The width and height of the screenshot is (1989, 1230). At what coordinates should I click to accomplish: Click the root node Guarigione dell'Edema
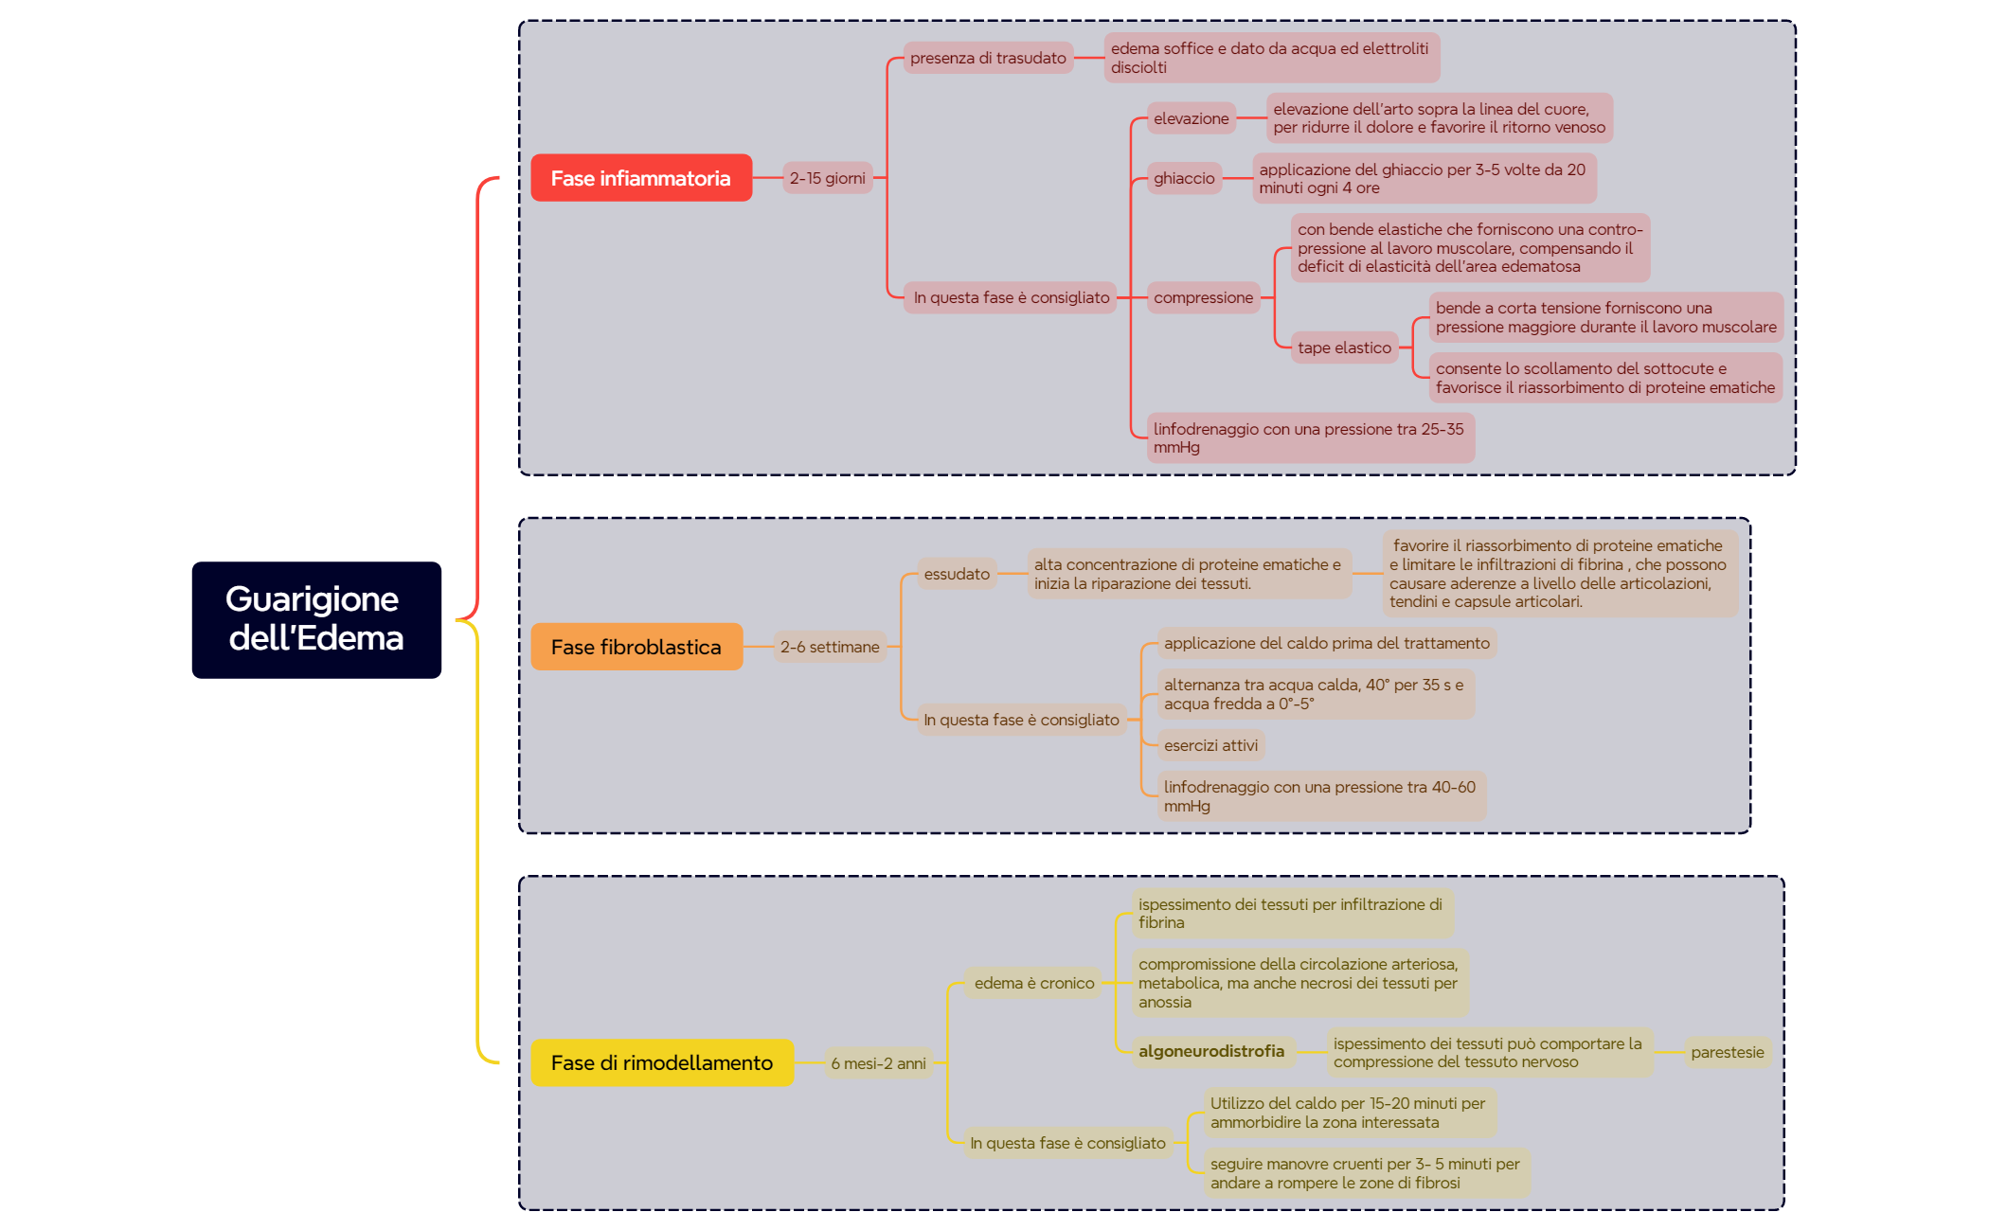[316, 619]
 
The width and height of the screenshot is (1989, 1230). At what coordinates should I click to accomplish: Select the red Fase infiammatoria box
[641, 178]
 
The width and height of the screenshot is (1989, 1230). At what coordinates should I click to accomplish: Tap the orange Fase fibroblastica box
[636, 647]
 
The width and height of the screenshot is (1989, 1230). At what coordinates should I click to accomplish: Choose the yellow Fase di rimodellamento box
[662, 1062]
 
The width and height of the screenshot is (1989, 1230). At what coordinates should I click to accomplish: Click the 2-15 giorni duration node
[827, 178]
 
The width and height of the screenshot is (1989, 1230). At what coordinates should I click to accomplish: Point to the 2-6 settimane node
[830, 647]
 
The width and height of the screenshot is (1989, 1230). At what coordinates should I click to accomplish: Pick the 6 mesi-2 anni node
[878, 1063]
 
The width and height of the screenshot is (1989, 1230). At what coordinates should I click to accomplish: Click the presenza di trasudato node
[988, 58]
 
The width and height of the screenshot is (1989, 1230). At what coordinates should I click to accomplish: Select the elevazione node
[1191, 118]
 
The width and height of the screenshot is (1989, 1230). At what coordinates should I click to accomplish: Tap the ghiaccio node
[1184, 178]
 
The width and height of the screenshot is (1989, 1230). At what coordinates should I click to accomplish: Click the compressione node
[1203, 297]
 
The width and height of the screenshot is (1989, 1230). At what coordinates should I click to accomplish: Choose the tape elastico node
[1344, 348]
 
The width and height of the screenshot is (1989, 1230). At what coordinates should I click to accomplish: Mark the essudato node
[957, 574]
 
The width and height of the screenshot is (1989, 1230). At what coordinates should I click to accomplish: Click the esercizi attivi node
[1210, 745]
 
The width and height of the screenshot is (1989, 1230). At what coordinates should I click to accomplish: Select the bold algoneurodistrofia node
[1211, 1051]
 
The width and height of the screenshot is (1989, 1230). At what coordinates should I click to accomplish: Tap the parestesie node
[1727, 1052]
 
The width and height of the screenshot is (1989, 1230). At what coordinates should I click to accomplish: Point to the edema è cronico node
[1034, 983]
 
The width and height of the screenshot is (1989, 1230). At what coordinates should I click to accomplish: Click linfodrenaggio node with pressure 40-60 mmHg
[1319, 796]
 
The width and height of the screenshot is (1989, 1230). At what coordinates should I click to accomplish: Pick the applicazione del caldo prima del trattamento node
[1326, 643]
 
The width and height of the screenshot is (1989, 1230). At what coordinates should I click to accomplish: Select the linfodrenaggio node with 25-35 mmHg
[1309, 437]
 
